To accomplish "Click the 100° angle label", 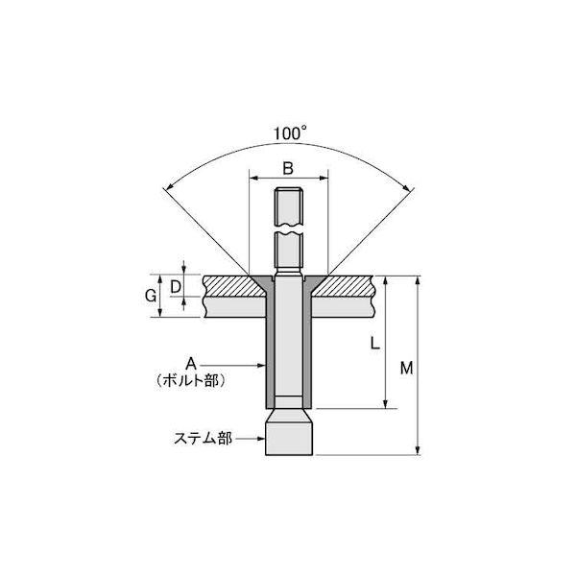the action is tap(290, 133).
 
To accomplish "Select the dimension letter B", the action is tap(288, 168).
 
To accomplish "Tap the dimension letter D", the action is tap(176, 287).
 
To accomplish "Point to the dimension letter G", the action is tap(151, 296).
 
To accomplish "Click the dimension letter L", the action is tap(374, 343).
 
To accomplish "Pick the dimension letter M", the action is tap(406, 368).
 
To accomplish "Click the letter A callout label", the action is tap(191, 364).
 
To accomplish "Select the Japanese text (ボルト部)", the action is tap(190, 380).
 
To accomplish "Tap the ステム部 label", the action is tap(203, 439).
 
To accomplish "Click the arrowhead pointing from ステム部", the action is tap(261, 439).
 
